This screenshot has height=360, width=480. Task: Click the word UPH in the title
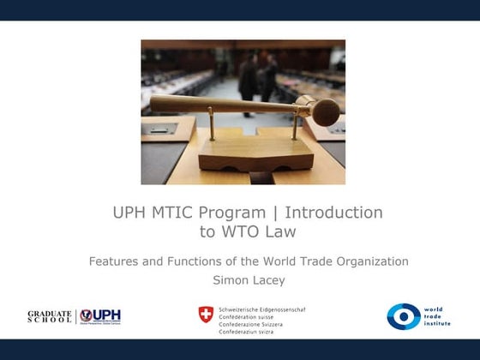[x=129, y=212]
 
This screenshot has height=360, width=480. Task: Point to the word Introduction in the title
[x=333, y=212]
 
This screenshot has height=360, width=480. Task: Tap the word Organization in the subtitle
[x=366, y=261]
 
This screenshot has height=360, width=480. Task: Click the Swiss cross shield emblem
[x=206, y=315]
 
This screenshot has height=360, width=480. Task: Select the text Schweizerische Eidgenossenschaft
[x=262, y=309]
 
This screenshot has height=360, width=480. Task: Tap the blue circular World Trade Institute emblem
[x=403, y=316]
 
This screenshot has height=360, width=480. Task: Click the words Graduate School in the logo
[x=50, y=316]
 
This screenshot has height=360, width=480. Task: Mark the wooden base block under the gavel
[x=244, y=154]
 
